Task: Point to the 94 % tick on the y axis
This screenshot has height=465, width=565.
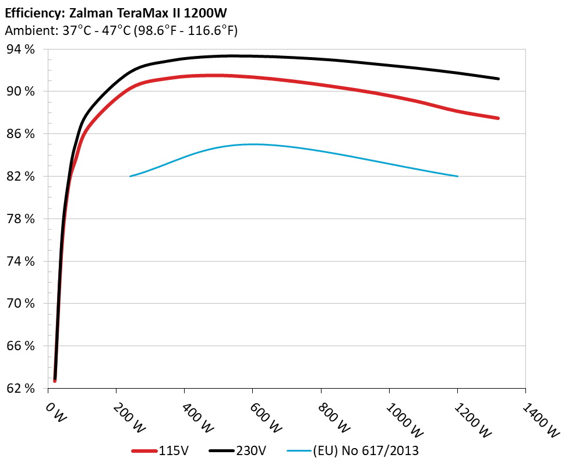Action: (21, 50)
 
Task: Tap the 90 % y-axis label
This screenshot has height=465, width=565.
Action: (21, 91)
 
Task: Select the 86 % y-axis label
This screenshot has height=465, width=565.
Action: (21, 134)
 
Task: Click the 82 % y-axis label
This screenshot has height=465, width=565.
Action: (21, 177)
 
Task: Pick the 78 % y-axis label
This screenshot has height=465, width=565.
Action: (21, 219)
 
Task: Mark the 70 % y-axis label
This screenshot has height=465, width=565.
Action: (21, 304)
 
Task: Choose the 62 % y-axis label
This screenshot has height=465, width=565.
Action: (21, 388)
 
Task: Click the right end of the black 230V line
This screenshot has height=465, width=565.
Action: (499, 79)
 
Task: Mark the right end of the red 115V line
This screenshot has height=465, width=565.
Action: (499, 118)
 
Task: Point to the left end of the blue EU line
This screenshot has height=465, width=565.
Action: (130, 176)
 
